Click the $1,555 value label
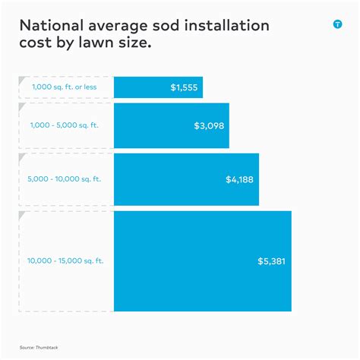point(185,87)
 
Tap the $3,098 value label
point(210,126)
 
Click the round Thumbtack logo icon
point(337,24)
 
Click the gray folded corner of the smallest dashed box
point(22,80)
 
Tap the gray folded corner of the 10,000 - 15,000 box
point(22,216)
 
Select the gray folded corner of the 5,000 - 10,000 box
point(22,157)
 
